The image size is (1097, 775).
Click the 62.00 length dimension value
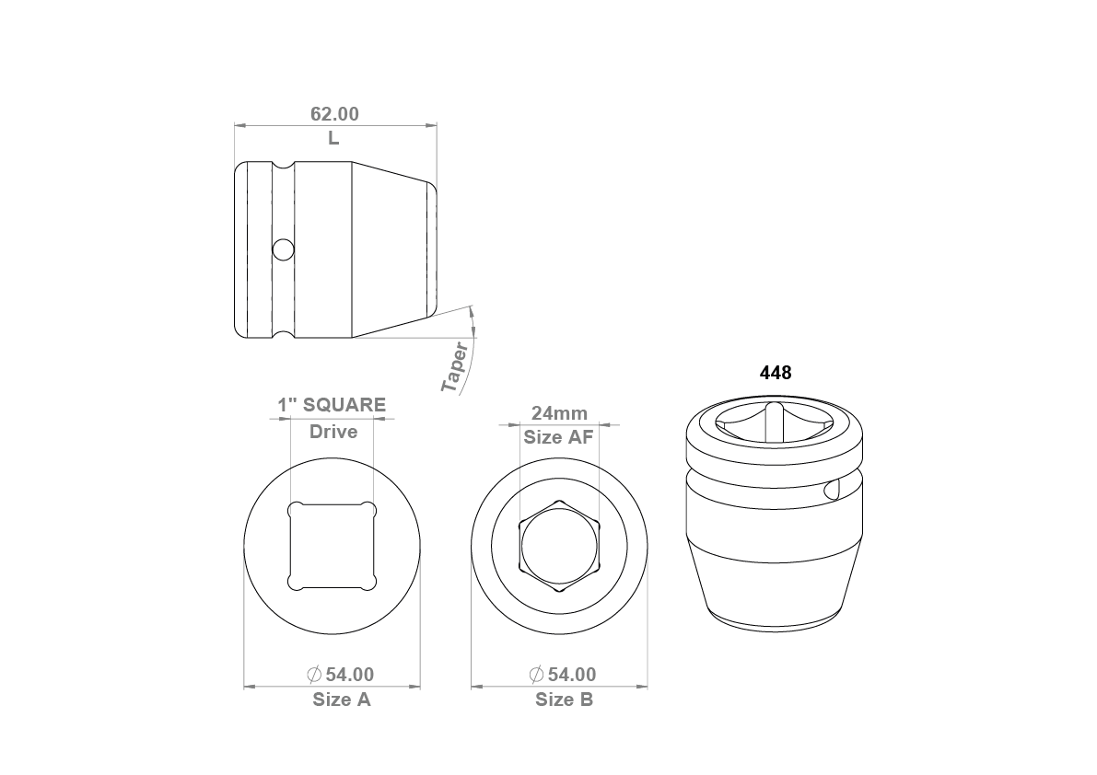coord(334,114)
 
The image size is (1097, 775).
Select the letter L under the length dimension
coord(333,138)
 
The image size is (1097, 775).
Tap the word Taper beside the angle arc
coord(455,367)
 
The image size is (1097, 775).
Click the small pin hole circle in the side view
coord(284,249)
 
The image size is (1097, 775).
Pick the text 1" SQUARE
coord(332,405)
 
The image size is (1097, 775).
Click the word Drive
coord(333,431)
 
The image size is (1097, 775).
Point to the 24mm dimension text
coord(560,413)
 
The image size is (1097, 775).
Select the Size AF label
coord(558,437)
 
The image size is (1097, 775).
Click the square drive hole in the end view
coord(333,546)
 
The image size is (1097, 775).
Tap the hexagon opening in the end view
coord(559,546)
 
